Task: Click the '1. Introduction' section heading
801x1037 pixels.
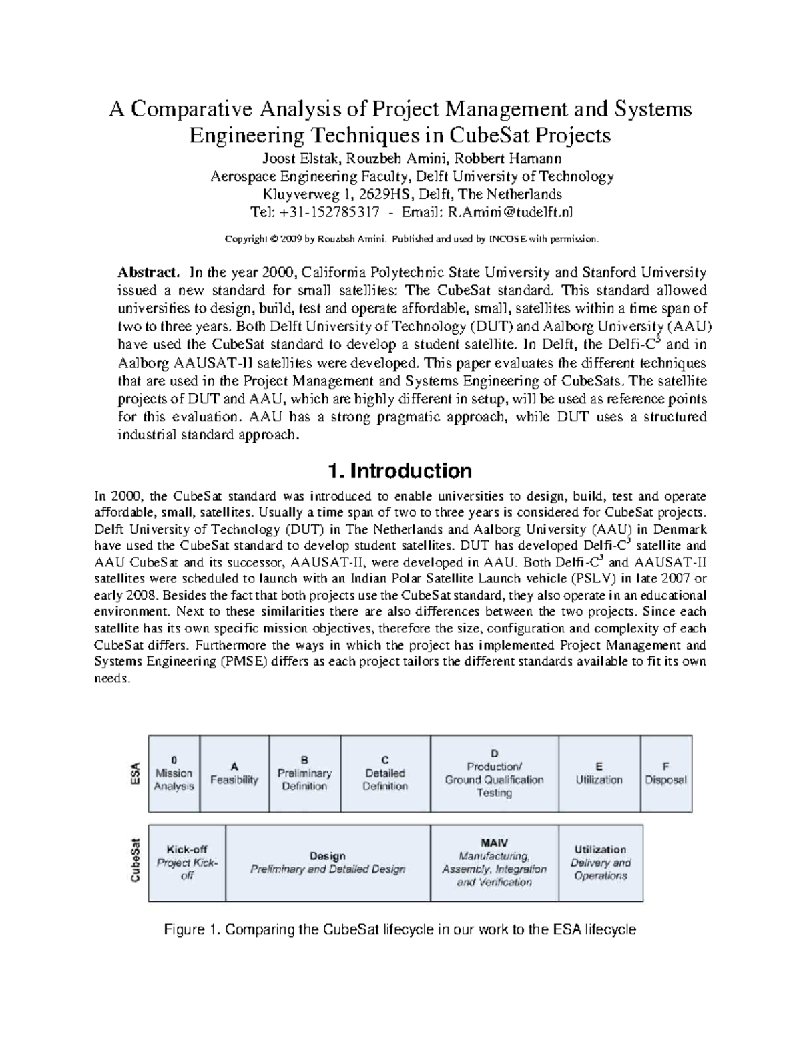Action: (x=400, y=471)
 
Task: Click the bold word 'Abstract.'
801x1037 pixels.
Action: (x=149, y=273)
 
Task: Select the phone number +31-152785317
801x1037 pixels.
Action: (x=328, y=212)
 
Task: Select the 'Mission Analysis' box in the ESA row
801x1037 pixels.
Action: (x=174, y=773)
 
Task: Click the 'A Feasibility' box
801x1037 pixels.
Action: (x=234, y=773)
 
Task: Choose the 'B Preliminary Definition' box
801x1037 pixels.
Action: (x=304, y=773)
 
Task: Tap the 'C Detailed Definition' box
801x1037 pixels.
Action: (x=385, y=773)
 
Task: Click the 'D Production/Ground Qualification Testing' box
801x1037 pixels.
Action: (x=494, y=773)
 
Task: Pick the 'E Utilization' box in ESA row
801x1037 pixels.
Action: (x=599, y=773)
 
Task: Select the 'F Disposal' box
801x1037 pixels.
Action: (x=665, y=773)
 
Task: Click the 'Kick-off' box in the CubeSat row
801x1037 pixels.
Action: (x=187, y=863)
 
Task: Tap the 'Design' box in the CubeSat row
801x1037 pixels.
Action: (x=328, y=863)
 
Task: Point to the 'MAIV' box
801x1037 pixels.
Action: (x=494, y=863)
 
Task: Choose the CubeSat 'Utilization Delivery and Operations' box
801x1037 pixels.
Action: (x=600, y=863)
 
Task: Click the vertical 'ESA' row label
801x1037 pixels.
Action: (x=134, y=773)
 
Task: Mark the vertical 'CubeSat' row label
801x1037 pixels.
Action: (x=136, y=863)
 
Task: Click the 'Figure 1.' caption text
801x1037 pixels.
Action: (x=400, y=929)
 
